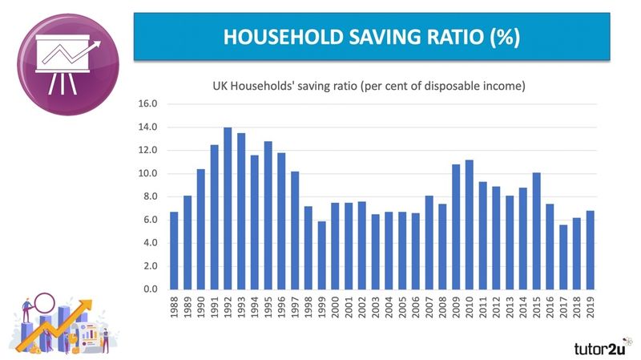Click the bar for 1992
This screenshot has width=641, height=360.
(x=228, y=208)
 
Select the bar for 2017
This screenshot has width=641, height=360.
(x=562, y=257)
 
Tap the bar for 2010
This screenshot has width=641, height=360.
(x=469, y=224)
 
